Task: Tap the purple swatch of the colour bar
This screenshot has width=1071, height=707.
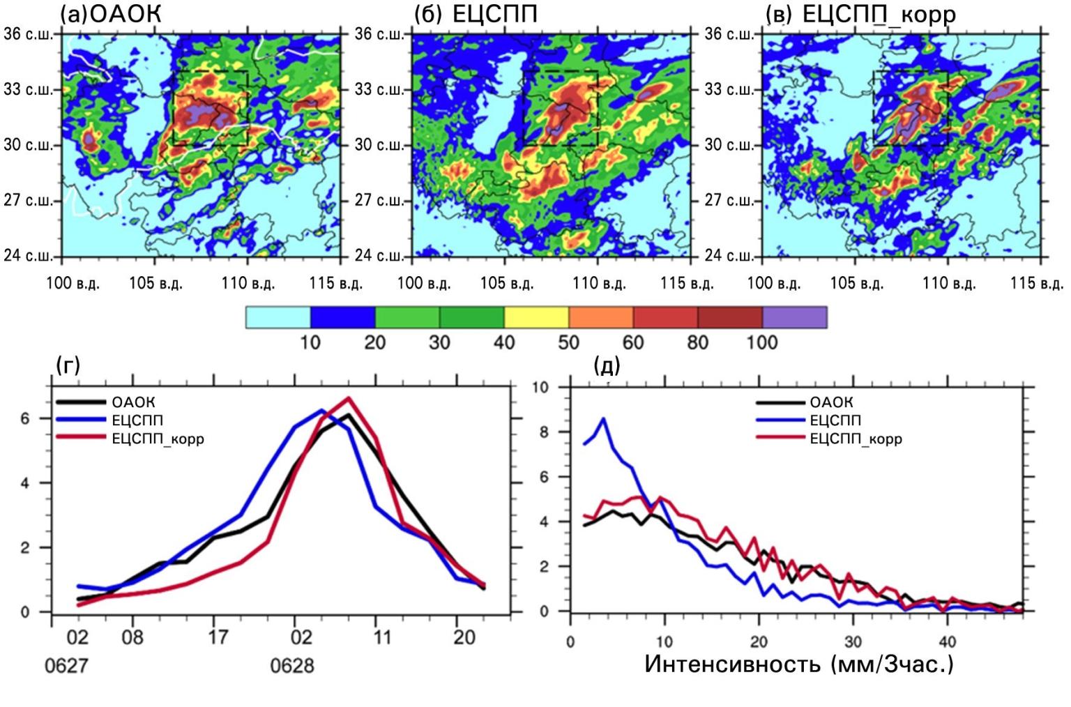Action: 794,317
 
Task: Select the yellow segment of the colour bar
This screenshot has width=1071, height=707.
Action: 535,317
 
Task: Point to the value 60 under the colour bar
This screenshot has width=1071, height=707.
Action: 632,342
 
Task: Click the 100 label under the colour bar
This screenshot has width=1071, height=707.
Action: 761,342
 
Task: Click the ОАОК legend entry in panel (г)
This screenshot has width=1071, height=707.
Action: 133,402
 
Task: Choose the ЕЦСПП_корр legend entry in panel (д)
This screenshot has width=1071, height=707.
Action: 856,439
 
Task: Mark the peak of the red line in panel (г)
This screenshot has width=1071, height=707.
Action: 349,398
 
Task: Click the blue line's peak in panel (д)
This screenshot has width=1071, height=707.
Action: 603,419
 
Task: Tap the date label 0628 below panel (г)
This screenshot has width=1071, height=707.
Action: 292,666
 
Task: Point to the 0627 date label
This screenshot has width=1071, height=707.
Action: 66,666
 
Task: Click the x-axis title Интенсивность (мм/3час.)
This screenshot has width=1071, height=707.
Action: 798,664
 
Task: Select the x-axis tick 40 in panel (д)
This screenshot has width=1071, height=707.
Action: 947,641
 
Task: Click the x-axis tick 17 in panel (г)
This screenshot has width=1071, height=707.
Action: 218,637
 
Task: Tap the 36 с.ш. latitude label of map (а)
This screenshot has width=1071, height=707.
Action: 28,34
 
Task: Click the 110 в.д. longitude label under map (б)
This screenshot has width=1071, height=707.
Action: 599,284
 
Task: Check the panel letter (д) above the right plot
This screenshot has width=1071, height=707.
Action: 606,365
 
